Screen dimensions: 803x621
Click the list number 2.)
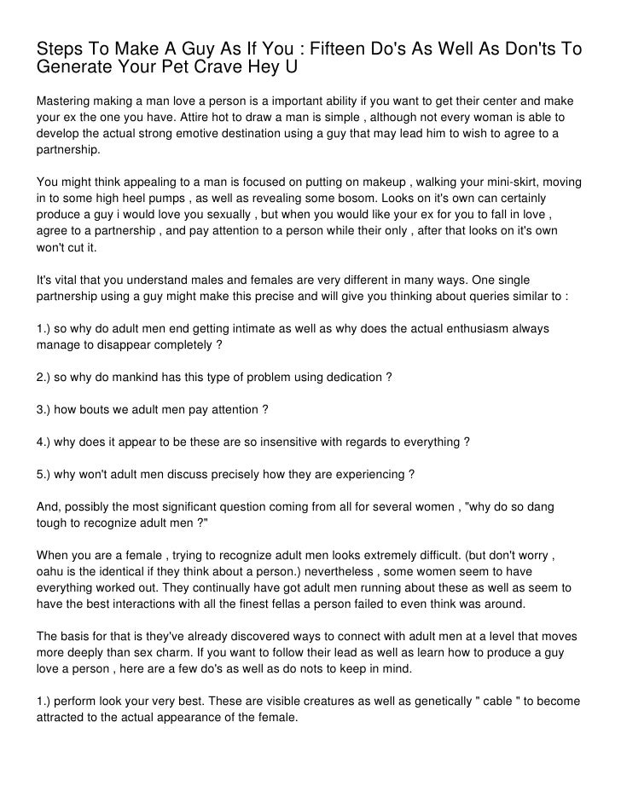[x=46, y=377]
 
